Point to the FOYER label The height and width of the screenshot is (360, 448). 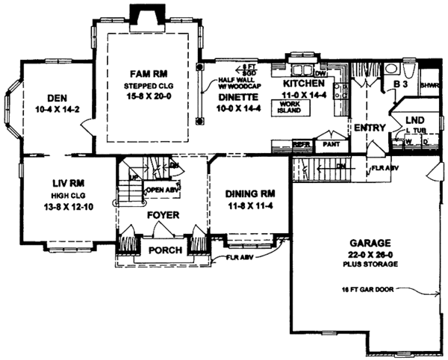pos(162,218)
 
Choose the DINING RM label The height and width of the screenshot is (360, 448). pos(249,192)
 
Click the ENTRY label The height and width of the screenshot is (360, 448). pos(370,128)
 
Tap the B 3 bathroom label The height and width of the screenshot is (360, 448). pos(400,86)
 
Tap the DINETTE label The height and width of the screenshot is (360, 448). pos(240,97)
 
